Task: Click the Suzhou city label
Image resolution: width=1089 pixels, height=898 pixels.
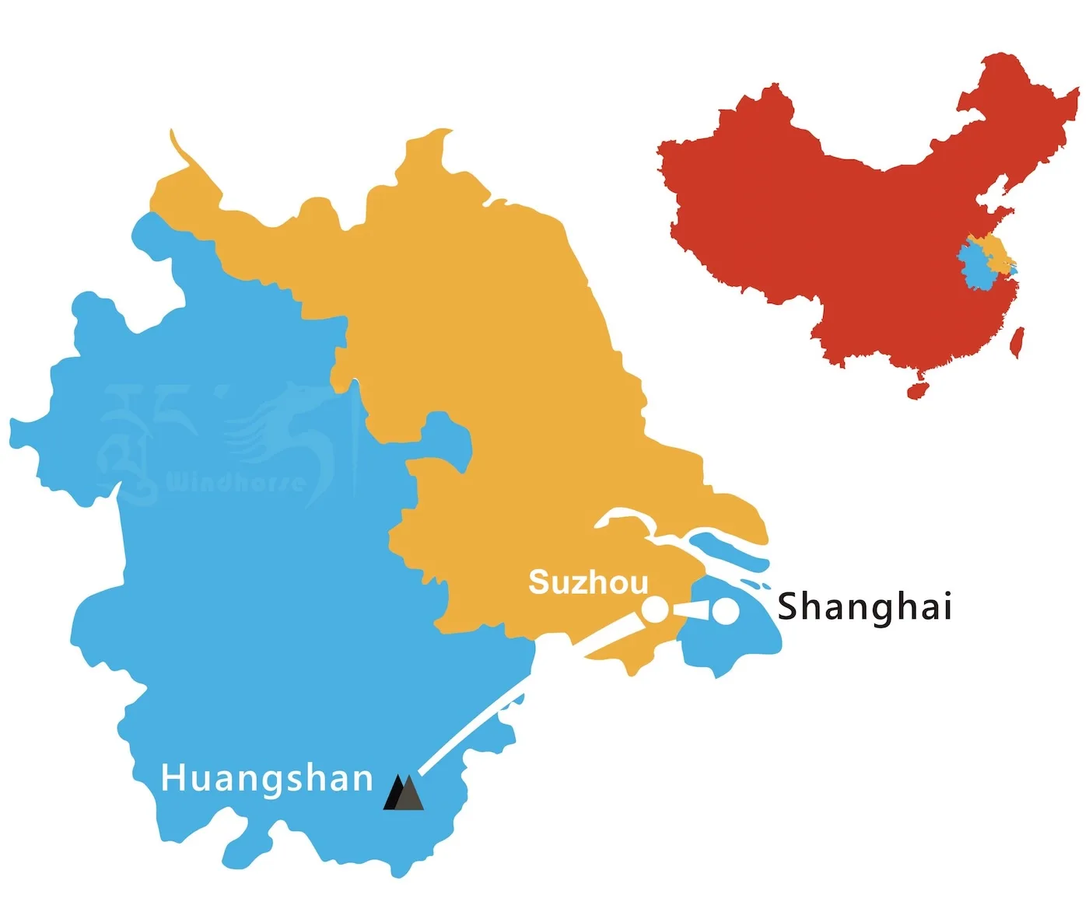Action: coord(588,582)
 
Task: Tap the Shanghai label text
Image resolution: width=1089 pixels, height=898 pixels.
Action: coord(864,606)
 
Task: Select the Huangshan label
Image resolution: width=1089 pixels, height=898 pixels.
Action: coord(267,778)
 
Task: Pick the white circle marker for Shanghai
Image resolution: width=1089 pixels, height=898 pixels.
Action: coord(726,612)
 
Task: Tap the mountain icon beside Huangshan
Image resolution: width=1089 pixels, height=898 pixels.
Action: coord(404,793)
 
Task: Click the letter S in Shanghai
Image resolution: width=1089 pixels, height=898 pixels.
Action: coord(789,606)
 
